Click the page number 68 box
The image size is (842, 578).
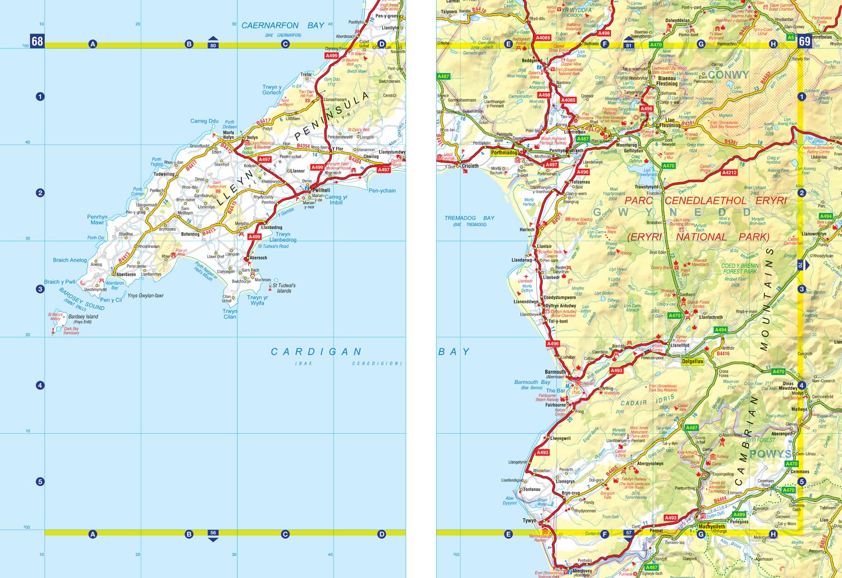click(37, 41)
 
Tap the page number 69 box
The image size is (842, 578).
click(804, 41)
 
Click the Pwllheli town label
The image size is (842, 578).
click(321, 190)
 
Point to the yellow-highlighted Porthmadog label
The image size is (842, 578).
click(504, 153)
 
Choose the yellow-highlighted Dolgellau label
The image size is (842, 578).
click(692, 361)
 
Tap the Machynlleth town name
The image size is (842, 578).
click(712, 526)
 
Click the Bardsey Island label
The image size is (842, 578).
click(83, 317)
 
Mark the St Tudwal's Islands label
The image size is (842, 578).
click(284, 288)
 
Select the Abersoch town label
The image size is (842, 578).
click(258, 258)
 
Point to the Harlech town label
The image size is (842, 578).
click(527, 230)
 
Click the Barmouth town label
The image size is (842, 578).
click(555, 372)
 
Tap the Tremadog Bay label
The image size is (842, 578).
click(469, 218)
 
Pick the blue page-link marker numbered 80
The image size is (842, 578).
click(213, 44)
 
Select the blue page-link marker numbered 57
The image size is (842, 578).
click(628, 534)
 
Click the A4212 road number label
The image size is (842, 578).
click(729, 173)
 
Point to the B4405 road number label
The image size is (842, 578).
click(611, 470)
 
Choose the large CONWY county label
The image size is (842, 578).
click(728, 75)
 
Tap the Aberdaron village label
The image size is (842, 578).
click(126, 275)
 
